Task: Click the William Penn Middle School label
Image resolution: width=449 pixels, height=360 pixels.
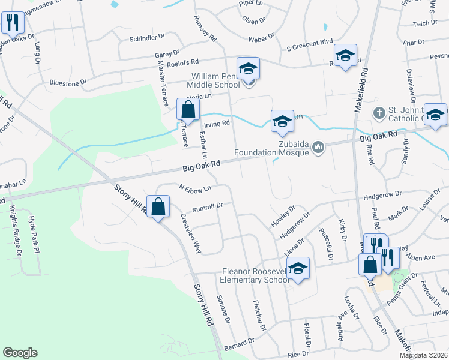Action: pos(215,81)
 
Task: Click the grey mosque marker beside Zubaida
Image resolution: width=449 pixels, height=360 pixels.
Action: pos(318,146)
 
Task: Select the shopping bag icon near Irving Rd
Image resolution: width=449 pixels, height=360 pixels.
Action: pos(188,109)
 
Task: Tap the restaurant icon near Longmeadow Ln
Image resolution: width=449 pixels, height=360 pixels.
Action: pos(12,23)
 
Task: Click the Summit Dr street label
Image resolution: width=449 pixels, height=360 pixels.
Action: pos(207,207)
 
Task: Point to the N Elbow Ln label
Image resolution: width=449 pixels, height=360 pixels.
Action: pos(195,188)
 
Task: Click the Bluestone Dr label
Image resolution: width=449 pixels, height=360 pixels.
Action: pos(68,82)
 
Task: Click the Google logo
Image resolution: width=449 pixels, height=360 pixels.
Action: pos(20,353)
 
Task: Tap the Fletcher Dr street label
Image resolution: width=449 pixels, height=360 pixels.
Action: pos(259,316)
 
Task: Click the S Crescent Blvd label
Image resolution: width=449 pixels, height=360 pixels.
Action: pos(309,43)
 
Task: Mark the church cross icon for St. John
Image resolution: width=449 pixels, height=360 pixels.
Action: pos(379,112)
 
